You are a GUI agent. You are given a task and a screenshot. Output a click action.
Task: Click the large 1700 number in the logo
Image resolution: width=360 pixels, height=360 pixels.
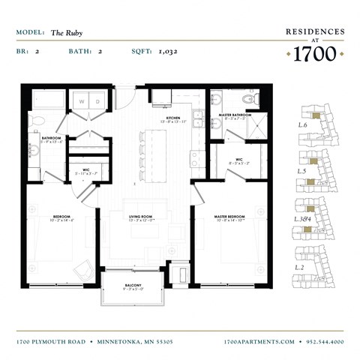click(x=314, y=54)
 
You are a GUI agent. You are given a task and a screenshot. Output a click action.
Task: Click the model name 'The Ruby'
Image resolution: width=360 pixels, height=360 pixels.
click(x=67, y=33)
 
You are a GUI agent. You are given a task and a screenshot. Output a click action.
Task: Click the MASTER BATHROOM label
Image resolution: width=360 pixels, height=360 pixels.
click(x=233, y=115)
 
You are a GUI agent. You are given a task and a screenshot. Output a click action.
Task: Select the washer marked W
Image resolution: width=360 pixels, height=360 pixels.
click(x=81, y=101)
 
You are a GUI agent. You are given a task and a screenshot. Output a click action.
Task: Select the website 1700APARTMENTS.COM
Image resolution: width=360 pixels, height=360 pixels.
click(x=259, y=342)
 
